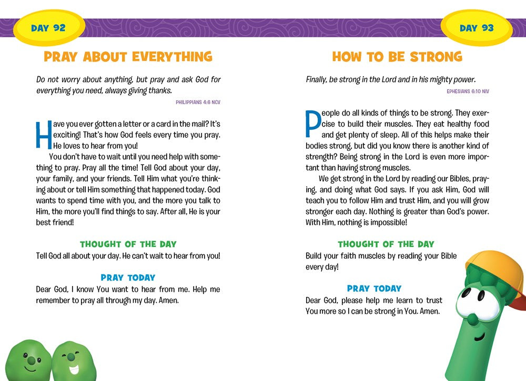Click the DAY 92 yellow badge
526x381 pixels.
[48, 28]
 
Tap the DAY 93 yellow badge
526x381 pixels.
[477, 28]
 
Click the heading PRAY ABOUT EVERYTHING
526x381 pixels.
[128, 57]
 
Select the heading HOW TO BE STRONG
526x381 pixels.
[397, 57]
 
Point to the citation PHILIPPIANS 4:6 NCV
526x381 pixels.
[198, 102]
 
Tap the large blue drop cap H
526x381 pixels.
[42, 135]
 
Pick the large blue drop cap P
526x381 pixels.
[312, 124]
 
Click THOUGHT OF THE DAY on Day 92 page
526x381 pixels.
[128, 244]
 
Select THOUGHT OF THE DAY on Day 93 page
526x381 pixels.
[386, 244]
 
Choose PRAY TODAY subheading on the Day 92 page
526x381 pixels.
[128, 277]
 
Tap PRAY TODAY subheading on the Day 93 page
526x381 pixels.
[374, 289]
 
